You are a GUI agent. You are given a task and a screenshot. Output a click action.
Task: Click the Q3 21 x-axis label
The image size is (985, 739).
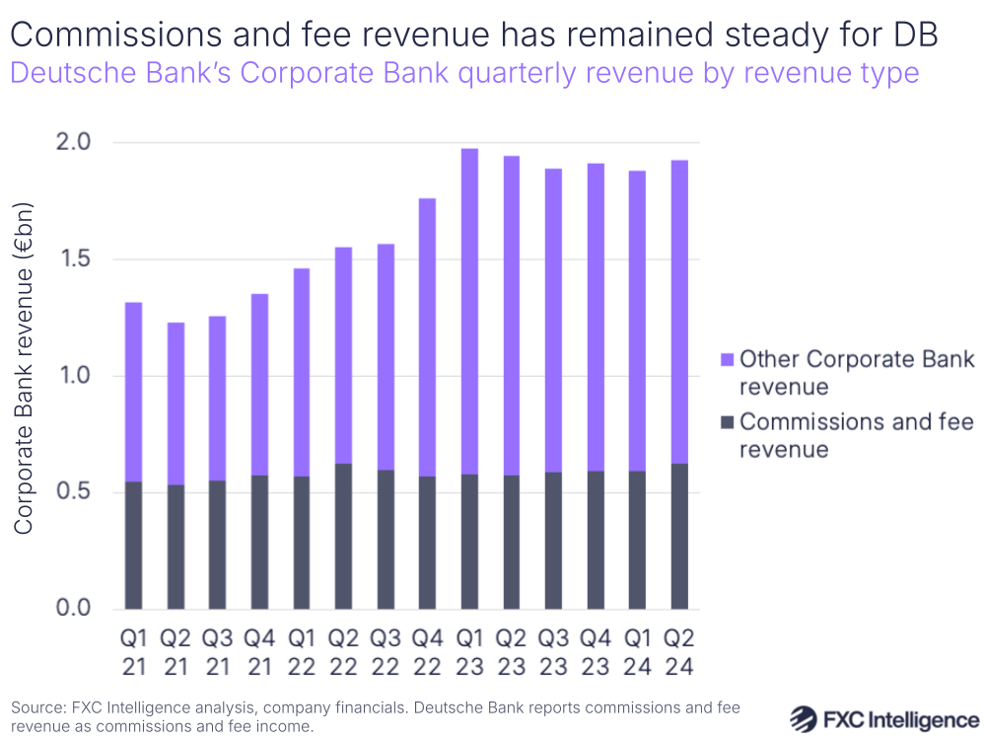click(217, 652)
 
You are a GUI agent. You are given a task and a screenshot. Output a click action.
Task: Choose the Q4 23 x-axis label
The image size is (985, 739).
click(596, 652)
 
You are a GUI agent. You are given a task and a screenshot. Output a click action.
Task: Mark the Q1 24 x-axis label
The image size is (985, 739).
click(638, 652)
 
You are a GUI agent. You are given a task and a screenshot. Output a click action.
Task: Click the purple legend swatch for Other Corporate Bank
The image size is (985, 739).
click(727, 359)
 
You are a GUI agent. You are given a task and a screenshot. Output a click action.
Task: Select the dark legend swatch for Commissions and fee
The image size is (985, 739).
click(727, 423)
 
